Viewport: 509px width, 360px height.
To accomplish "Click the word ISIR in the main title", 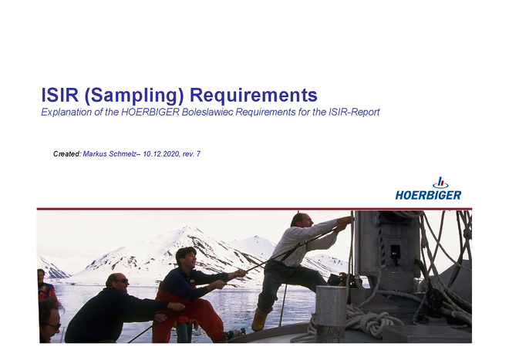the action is pyautogui.click(x=60, y=95).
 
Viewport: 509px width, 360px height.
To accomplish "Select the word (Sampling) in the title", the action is pyautogui.click(x=134, y=96).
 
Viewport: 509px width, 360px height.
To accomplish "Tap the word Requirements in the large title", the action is pyautogui.click(x=254, y=95).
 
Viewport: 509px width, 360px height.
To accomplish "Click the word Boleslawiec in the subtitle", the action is pyautogui.click(x=207, y=112).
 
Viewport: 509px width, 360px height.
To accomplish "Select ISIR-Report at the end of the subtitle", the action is pyautogui.click(x=354, y=113).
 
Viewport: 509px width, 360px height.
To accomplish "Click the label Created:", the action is pyautogui.click(x=67, y=154).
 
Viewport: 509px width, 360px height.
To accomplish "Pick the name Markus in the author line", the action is pyautogui.click(x=95, y=154).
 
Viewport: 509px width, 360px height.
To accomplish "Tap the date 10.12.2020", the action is pyautogui.click(x=161, y=154).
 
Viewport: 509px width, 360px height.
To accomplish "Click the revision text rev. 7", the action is pyautogui.click(x=191, y=154).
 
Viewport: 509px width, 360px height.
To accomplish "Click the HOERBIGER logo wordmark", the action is pyautogui.click(x=428, y=195).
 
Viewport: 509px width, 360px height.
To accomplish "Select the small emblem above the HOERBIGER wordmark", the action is pyautogui.click(x=440, y=183).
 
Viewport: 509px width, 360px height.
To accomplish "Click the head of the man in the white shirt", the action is pyautogui.click(x=302, y=220).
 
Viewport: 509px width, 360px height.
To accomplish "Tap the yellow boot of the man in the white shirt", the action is pyautogui.click(x=260, y=319).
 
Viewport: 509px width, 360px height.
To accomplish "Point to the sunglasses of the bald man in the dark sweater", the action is pyautogui.click(x=123, y=281).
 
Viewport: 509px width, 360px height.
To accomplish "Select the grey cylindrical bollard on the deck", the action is pyautogui.click(x=331, y=314).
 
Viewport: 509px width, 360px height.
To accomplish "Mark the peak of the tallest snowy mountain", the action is pyautogui.click(x=187, y=227).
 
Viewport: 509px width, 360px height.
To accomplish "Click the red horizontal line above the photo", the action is pyautogui.click(x=254, y=209).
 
